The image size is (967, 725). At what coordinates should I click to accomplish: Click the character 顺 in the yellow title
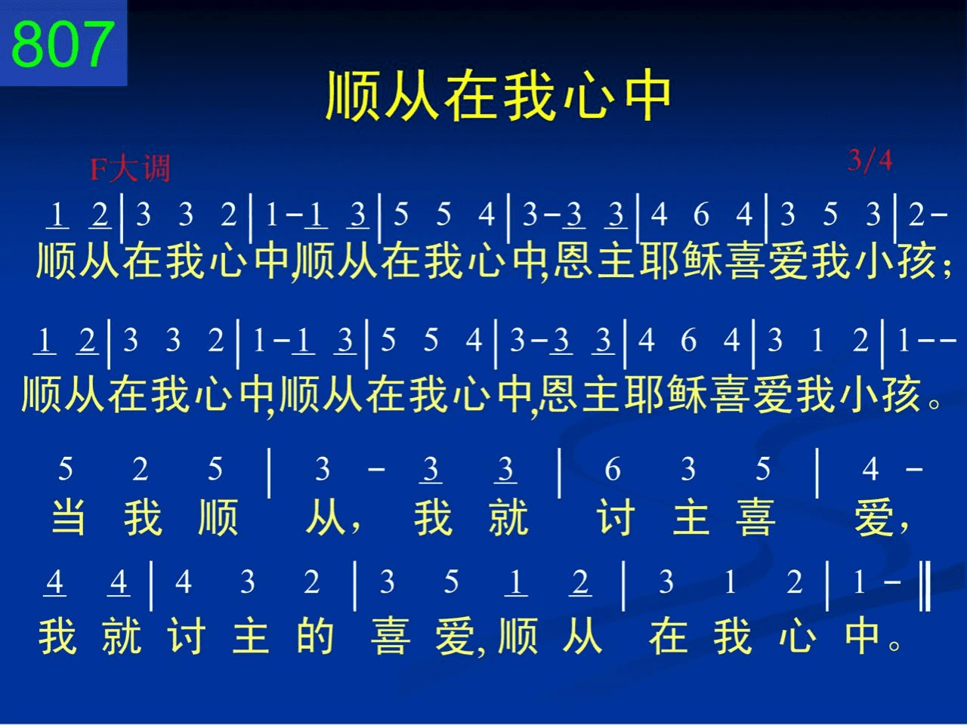point(353,95)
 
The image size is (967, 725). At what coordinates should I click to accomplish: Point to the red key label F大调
point(131,168)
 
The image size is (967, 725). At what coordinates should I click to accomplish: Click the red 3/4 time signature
point(870,160)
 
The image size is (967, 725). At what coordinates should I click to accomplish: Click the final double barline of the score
point(925,585)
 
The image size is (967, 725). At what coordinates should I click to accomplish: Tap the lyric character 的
point(315,635)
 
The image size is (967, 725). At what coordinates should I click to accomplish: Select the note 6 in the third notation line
point(613,469)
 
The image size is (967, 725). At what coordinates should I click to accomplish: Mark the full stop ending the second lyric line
point(934,403)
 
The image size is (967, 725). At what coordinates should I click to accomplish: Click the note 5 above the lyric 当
point(65,469)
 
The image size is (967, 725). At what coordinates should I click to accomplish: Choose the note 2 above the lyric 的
point(311,582)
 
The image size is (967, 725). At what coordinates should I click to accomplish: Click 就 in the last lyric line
point(122,635)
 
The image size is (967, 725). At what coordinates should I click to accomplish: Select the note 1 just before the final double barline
point(859,582)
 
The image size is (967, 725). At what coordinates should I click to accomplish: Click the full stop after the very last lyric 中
point(894,646)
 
